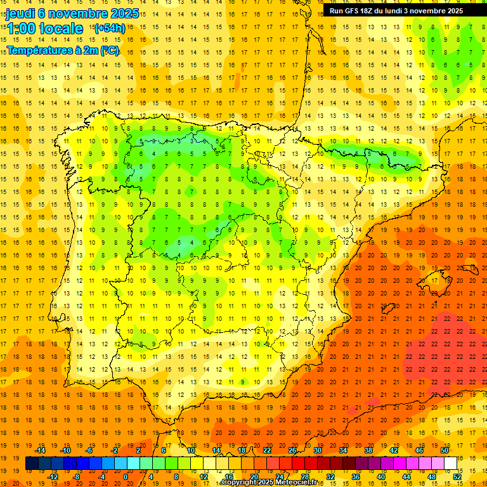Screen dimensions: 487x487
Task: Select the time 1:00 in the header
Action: [x=22, y=29]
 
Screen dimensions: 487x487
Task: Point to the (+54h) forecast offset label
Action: [x=109, y=29]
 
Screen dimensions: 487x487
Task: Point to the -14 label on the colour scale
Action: [x=40, y=450]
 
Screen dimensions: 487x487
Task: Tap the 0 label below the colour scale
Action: [x=126, y=476]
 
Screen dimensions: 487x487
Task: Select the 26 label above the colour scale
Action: [x=292, y=450]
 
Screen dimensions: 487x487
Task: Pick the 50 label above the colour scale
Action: [x=445, y=450]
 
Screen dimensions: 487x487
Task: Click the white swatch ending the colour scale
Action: [x=450, y=464]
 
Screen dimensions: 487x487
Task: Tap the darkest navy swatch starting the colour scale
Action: [x=32, y=464]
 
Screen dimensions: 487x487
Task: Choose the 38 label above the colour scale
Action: [x=368, y=450]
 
